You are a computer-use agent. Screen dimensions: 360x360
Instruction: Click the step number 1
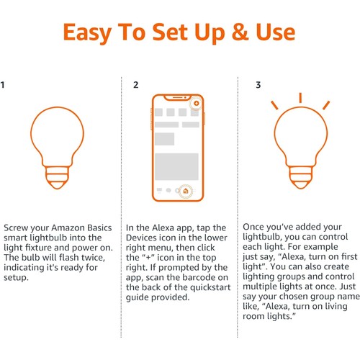(x=2, y=85)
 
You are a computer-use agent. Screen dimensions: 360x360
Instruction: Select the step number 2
(x=135, y=85)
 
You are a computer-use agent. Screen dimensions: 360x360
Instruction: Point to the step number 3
(x=258, y=85)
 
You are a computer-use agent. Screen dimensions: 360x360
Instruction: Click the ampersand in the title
(x=240, y=32)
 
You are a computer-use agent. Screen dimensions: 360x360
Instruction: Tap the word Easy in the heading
(x=87, y=33)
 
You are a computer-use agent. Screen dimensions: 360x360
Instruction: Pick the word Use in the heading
(x=276, y=32)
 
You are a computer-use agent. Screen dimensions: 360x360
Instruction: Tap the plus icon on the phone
(x=197, y=104)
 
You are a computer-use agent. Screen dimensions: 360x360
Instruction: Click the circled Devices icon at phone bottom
(x=186, y=191)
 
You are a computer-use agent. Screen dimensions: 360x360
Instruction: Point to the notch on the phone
(x=178, y=98)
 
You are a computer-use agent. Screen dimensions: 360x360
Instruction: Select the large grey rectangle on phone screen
(x=176, y=166)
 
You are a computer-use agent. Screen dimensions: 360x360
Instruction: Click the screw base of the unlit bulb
(x=58, y=178)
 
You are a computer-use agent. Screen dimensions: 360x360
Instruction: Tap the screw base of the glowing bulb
(x=301, y=178)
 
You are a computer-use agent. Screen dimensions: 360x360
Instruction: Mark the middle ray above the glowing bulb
(x=300, y=98)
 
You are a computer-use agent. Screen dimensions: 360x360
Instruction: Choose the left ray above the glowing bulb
(x=274, y=105)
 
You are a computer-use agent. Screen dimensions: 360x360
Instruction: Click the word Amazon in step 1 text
(x=68, y=228)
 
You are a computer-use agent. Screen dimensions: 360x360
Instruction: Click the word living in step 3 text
(x=336, y=307)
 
